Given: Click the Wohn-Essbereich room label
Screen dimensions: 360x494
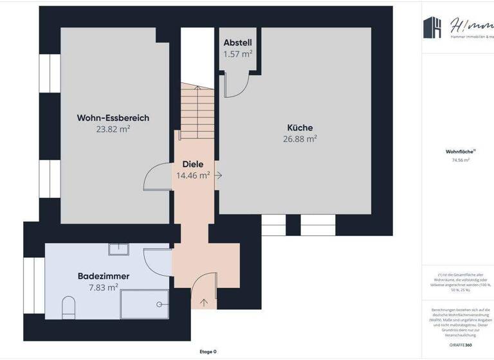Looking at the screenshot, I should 113,118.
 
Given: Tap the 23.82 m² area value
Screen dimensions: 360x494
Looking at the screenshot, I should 113,129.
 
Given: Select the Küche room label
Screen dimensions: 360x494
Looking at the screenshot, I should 300,127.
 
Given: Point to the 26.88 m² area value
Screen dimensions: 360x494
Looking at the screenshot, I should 300,138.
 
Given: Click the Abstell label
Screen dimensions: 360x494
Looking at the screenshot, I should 237,42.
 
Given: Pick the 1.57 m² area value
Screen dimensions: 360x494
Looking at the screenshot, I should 237,53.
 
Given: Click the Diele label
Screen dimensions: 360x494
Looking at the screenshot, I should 193,164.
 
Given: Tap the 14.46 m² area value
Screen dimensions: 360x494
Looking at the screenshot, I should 193,175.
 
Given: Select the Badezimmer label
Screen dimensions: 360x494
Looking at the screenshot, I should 104,276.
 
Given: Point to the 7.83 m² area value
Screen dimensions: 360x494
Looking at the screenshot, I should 104,287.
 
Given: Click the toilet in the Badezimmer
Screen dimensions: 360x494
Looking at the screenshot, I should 68,307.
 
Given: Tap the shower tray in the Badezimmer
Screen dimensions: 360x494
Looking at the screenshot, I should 145,304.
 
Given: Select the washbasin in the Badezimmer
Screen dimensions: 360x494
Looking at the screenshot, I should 119,249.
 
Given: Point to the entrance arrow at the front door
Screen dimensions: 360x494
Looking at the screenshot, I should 205,301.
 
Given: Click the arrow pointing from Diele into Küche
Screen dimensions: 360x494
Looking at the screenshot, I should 219,175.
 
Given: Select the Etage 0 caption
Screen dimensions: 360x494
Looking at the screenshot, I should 208,352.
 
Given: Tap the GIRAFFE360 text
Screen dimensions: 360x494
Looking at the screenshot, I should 460,345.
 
